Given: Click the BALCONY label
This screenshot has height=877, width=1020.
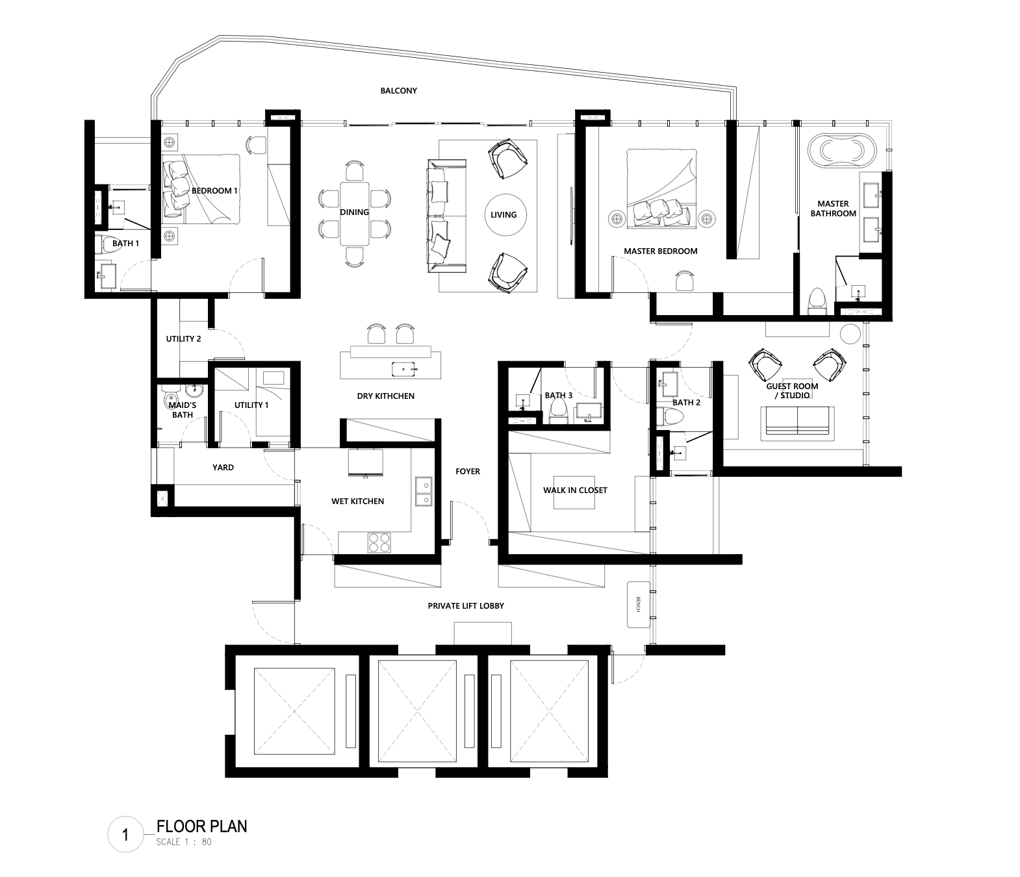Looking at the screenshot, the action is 398,91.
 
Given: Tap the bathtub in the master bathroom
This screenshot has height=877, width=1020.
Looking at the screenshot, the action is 842,148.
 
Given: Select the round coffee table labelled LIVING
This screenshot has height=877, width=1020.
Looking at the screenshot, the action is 505,214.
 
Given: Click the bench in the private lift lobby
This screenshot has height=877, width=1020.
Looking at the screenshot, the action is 638,605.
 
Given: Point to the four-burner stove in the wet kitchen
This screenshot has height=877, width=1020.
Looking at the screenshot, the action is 379,542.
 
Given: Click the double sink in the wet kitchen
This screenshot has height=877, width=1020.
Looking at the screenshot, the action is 424,491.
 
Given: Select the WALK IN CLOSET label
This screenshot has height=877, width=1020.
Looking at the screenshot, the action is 575,490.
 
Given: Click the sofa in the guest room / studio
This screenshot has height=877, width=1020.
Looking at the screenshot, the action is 797,424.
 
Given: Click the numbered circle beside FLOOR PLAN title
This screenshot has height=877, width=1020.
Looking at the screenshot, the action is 125,835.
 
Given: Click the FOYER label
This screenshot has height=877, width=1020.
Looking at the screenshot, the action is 467,472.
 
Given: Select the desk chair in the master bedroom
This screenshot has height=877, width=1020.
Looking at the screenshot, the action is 684,281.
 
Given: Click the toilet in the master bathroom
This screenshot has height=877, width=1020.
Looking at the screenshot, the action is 818,301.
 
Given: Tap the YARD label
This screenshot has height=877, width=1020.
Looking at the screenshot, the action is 223,467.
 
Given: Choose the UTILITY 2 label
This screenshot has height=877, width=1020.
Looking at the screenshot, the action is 184,339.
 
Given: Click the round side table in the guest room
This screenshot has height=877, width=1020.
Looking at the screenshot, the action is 850,334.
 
